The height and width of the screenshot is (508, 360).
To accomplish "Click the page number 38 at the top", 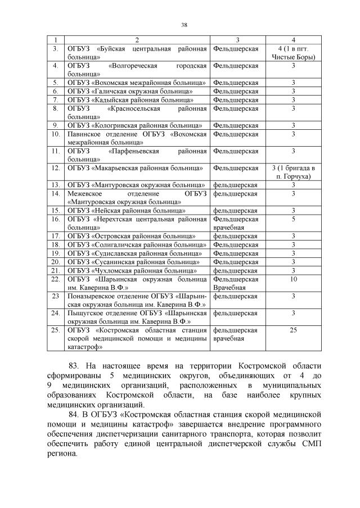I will tap(183, 24).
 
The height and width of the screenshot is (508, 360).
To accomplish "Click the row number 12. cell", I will tap(55, 168).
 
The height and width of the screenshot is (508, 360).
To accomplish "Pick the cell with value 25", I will tap(293, 330).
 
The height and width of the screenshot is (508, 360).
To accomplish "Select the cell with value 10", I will tap(293, 279).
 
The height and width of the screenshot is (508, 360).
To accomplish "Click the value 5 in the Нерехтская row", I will tap(293, 219).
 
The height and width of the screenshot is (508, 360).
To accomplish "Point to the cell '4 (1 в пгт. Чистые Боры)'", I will tap(293, 53).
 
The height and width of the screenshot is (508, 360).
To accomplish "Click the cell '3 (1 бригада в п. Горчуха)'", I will tap(293, 172).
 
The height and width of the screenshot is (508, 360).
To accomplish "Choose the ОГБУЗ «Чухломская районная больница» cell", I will tap(133, 270).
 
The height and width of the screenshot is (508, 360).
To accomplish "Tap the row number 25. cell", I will tap(55, 330).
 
